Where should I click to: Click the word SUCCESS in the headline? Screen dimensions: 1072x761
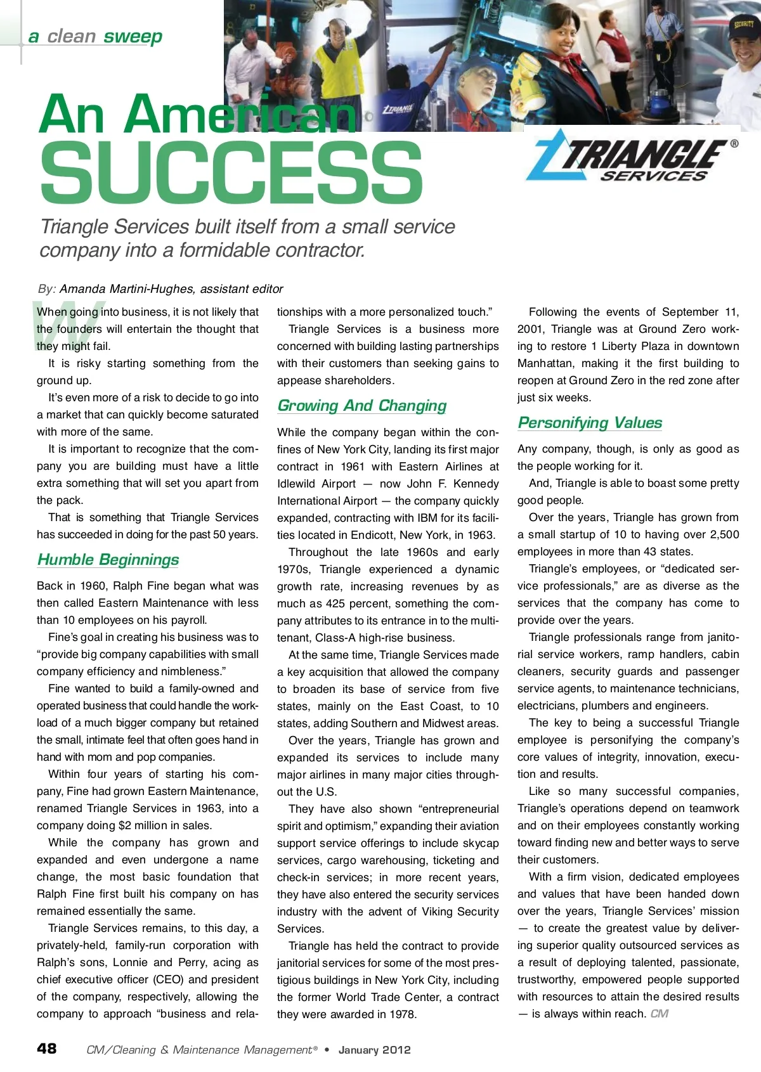231,172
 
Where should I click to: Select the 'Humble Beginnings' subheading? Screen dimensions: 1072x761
108,560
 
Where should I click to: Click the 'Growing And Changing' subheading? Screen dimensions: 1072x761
362,406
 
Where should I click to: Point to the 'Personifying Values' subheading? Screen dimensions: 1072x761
590,423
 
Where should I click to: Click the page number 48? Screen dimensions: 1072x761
47,1049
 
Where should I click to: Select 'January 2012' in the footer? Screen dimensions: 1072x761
375,1050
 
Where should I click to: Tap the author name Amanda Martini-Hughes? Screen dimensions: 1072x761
127,289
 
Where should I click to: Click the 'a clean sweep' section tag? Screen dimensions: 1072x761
95,37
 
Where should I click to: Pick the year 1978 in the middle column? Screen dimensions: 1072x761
403,1014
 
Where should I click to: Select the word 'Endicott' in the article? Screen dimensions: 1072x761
373,535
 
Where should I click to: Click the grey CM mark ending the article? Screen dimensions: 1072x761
660,1014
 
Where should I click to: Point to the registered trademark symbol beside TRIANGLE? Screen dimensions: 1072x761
734,144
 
